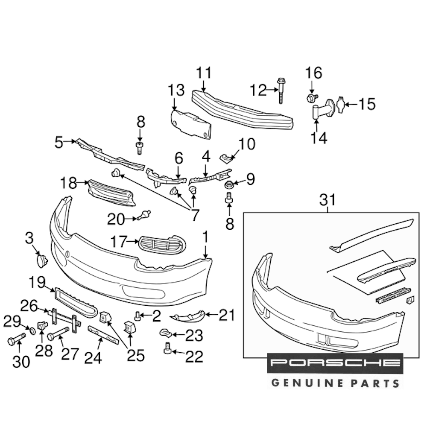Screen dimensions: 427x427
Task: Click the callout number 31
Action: pos(328,200)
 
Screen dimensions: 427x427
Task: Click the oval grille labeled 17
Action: pos(162,244)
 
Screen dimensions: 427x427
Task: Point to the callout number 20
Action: pos(115,219)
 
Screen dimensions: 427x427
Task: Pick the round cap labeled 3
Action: pos(42,260)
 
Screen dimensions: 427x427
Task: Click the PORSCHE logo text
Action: pos(335,363)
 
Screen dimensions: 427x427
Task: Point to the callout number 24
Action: pos(93,357)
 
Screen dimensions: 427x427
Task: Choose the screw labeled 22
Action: pos(167,349)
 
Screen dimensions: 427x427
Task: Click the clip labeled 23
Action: pos(166,332)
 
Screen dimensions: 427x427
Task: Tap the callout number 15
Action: pos(366,104)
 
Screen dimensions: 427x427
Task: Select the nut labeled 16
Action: pos(311,98)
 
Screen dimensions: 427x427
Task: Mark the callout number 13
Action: pos(176,91)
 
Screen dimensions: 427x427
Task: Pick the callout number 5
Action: pos(58,142)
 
